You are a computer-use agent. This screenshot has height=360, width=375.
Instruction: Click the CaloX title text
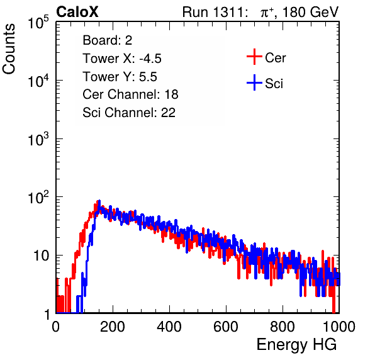77,12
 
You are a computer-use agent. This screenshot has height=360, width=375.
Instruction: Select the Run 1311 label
213,12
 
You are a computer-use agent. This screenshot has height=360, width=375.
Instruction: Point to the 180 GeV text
310,12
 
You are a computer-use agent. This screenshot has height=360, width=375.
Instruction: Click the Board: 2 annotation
107,40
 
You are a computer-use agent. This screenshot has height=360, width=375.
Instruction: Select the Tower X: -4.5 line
122,59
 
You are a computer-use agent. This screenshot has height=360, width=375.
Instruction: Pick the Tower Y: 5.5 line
120,77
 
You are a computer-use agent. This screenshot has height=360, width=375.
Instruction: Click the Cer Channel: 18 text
130,94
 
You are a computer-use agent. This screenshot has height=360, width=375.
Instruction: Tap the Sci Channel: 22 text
129,113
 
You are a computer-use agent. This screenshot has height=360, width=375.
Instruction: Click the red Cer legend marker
254,57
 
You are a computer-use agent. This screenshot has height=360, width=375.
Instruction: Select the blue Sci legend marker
254,82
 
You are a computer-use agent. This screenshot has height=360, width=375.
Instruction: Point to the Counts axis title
9,49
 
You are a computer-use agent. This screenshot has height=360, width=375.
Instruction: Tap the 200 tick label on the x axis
113,327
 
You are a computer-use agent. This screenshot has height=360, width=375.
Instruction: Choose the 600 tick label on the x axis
226,327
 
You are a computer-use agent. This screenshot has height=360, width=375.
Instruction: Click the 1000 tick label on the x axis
339,327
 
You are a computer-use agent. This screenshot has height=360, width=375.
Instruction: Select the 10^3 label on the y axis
38,139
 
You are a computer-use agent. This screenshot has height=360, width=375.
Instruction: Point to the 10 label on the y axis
42,256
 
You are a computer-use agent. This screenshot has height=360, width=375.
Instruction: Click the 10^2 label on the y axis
38,198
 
